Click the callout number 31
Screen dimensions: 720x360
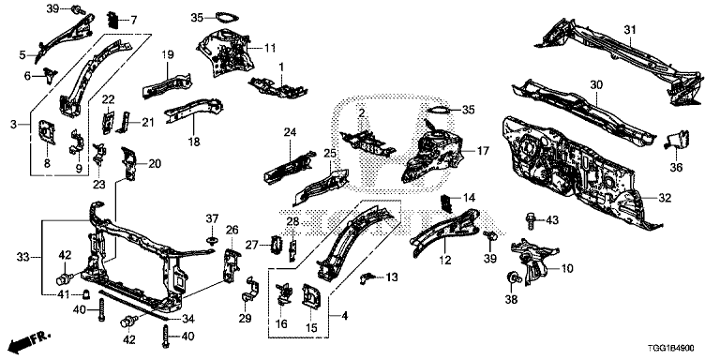630,29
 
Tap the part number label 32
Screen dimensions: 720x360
665,199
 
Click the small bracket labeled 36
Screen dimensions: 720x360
677,139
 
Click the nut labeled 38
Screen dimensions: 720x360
511,277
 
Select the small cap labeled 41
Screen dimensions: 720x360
85,293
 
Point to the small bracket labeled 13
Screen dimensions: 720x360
367,277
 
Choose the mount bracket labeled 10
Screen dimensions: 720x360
534,260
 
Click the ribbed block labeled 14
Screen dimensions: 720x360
447,202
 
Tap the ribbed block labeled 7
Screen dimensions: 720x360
112,20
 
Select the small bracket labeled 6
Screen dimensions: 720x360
49,75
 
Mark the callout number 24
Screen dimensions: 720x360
290,133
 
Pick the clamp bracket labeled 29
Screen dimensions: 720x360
250,290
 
